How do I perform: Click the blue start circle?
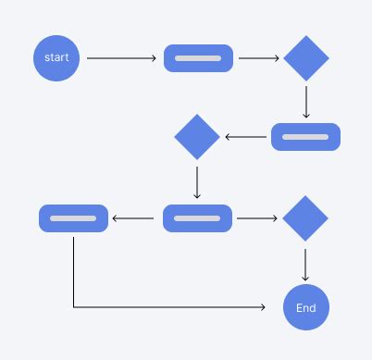(57, 58)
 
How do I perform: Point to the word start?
(57, 58)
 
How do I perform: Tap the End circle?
(305, 308)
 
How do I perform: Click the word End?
(305, 308)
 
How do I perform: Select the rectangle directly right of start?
(198, 58)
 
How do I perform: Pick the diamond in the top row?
(305, 58)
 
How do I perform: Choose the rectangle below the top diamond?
(305, 137)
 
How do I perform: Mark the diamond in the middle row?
(197, 137)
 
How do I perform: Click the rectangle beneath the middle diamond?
(197, 218)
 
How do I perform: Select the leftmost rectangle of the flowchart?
(73, 218)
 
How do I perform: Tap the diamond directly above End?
(305, 218)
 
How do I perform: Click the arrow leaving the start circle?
(121, 58)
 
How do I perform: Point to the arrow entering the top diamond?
(259, 58)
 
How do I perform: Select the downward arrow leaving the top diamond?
(305, 102)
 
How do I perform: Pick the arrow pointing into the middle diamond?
(245, 137)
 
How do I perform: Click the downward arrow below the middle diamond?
(197, 180)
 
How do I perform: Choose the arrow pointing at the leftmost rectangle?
(133, 218)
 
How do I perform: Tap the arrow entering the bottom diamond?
(257, 218)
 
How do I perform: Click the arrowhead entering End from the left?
(274, 308)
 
